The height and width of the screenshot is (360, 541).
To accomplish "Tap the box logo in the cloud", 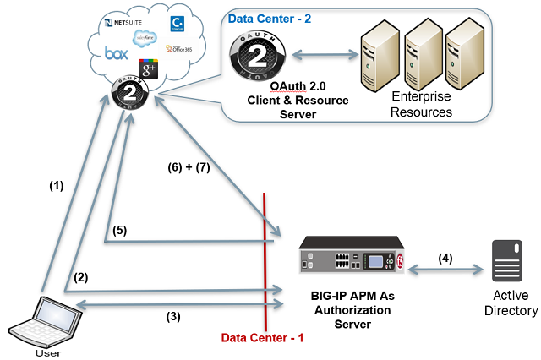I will click(116, 53).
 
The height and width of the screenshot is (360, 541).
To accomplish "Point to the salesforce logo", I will click(144, 38).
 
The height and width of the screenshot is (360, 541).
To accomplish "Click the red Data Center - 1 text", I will click(261, 337).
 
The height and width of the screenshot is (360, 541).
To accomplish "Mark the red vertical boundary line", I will click(265, 254).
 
